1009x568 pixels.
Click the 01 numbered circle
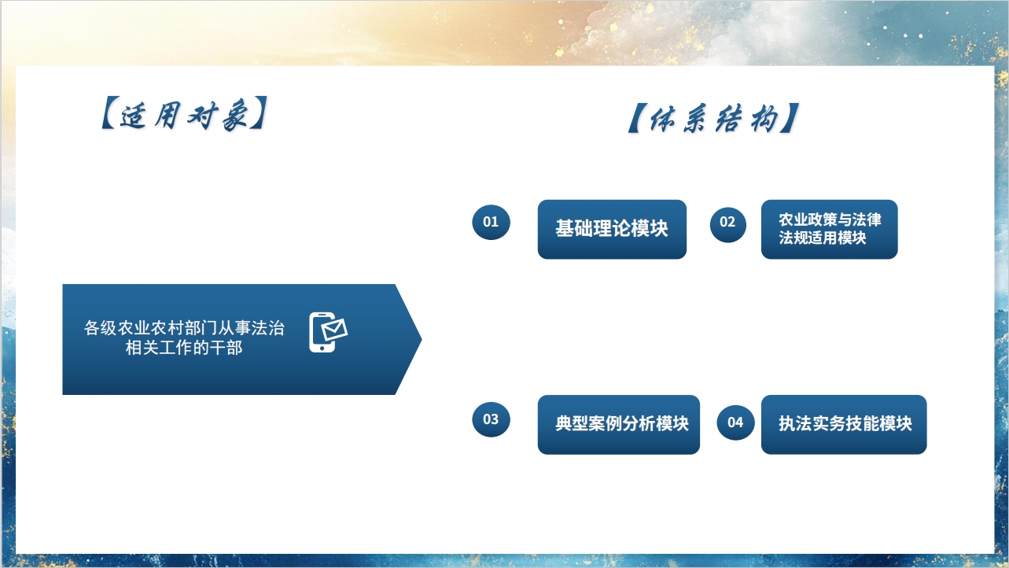click(x=491, y=222)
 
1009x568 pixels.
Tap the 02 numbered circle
click(x=728, y=224)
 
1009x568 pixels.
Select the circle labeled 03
click(x=491, y=419)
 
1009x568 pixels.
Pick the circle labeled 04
click(x=735, y=422)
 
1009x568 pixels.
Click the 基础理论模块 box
click(x=612, y=229)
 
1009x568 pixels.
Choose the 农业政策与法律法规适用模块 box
click(x=829, y=229)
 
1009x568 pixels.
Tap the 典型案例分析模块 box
click(x=619, y=425)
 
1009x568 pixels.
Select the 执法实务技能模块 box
click(x=844, y=425)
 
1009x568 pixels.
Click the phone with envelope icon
click(x=328, y=333)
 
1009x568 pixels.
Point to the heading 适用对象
click(x=185, y=114)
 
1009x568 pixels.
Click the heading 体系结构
click(x=714, y=119)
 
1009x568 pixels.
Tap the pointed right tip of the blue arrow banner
click(x=422, y=339)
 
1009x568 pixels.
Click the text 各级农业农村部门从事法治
click(x=184, y=328)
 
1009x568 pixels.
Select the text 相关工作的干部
click(x=184, y=348)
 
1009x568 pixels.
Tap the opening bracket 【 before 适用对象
click(x=109, y=113)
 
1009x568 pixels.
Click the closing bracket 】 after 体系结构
click(x=790, y=118)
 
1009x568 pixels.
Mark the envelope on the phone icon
click(x=334, y=330)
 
